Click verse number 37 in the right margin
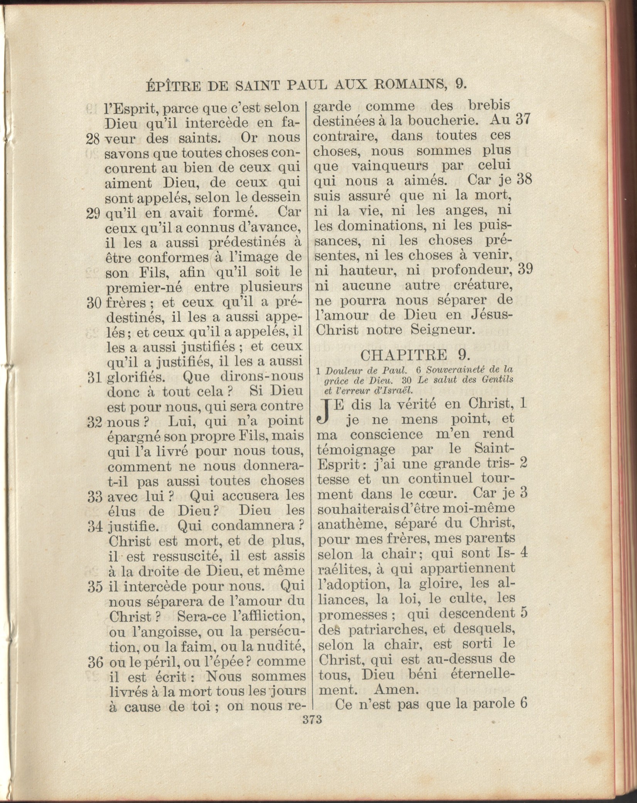click(x=524, y=120)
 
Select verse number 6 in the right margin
click(x=523, y=703)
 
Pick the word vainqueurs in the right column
click(x=384, y=166)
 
